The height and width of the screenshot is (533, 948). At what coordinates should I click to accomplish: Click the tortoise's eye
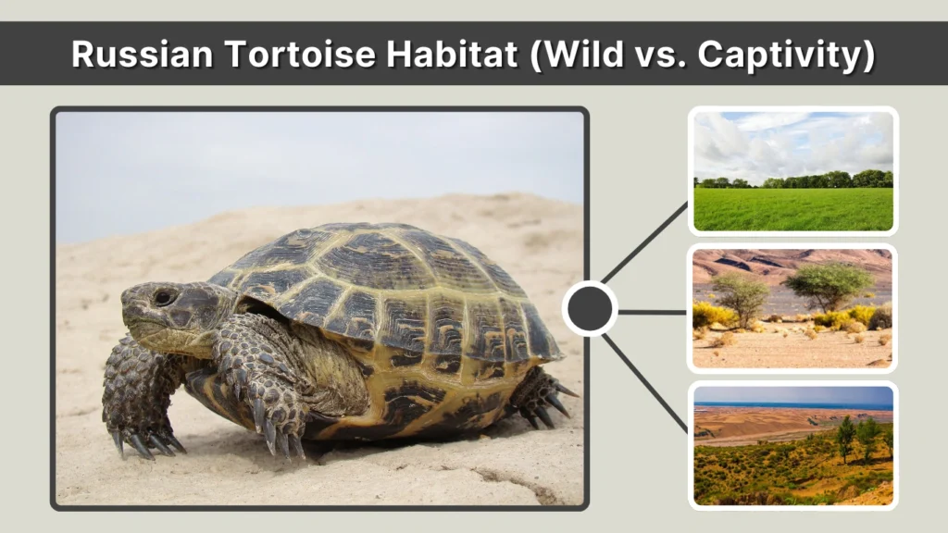163,297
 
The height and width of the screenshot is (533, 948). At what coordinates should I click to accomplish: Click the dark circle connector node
590,309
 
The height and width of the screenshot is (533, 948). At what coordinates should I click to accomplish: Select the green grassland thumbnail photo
792,171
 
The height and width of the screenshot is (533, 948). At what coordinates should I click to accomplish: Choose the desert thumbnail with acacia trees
792,308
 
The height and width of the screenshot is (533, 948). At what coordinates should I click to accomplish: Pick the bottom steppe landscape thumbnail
792,445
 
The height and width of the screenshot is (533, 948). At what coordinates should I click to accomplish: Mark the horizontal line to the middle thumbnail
653,312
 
